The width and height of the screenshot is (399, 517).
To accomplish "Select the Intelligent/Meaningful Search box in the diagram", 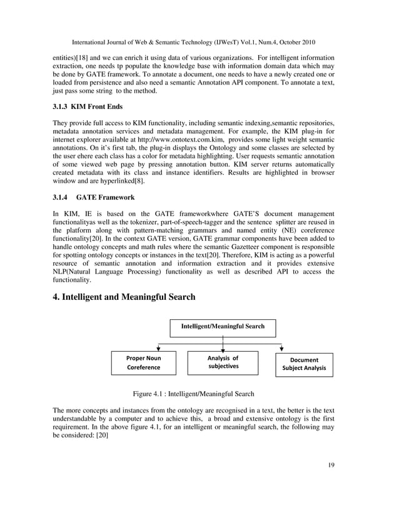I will [x=223, y=327].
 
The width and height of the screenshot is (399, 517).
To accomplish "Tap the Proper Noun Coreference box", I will [x=144, y=363].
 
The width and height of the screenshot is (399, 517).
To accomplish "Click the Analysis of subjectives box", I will [x=223, y=362].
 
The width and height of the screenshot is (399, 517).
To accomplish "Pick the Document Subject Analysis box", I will [x=304, y=364].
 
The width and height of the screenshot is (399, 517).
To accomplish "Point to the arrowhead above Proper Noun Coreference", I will [x=159, y=348].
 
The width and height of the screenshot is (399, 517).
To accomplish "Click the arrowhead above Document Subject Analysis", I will [x=282, y=348].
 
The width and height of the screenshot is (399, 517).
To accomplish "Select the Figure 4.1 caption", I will [x=193, y=394].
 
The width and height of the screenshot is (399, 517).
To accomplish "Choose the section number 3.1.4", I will [x=61, y=197].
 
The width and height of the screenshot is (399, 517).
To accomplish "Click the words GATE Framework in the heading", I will [x=106, y=197].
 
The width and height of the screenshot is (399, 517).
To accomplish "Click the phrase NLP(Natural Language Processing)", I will [x=108, y=272].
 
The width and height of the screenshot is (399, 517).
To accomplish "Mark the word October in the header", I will [x=291, y=43].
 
